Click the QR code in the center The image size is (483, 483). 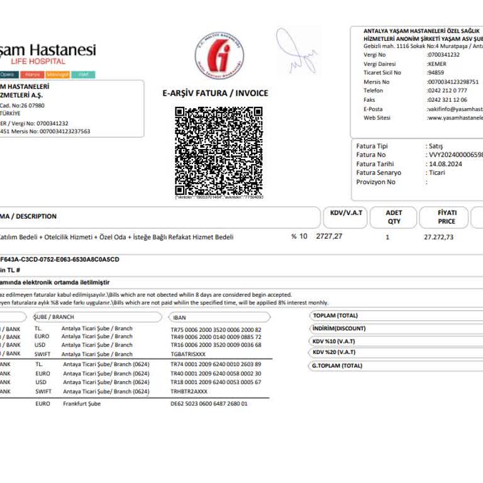[x=218, y=151]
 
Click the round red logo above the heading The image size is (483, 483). [x=219, y=56]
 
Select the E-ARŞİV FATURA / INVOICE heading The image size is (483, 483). [x=215, y=93]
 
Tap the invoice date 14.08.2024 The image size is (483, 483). [x=445, y=164]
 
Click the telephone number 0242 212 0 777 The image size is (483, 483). [x=447, y=91]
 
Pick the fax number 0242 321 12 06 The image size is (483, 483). [x=447, y=99]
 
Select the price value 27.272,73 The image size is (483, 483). [x=438, y=237]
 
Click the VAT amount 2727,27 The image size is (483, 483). [x=329, y=236]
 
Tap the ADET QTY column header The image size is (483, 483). [x=394, y=217]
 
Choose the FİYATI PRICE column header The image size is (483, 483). [x=447, y=217]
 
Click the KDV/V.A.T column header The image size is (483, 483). [x=346, y=213]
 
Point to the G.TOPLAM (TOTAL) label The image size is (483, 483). [x=337, y=365]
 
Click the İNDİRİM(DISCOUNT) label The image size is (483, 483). [x=339, y=328]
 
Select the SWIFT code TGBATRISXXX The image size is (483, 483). [x=188, y=354]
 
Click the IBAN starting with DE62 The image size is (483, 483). [x=209, y=404]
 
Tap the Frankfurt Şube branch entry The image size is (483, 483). [x=82, y=404]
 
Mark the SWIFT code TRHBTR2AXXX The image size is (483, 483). [x=189, y=391]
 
